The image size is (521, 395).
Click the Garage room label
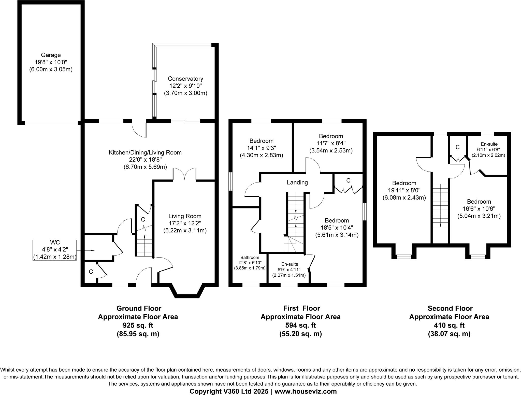pos(51,55)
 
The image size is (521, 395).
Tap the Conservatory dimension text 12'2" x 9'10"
pos(185,86)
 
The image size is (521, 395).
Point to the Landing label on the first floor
pos(297,182)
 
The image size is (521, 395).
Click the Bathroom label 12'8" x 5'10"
pos(250,263)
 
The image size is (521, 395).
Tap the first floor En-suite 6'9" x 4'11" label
pos(289,270)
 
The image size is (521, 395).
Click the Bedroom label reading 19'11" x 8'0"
pos(404,190)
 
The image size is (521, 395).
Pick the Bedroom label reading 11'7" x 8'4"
pos(331,143)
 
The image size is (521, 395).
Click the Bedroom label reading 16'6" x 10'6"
pos(479,209)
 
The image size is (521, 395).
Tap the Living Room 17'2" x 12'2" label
pos(185,223)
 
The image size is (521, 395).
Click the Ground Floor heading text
pos(139,308)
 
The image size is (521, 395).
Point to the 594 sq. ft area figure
pos(300,325)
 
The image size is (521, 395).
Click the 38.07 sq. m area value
pos(449,334)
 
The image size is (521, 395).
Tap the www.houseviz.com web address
pos(306,391)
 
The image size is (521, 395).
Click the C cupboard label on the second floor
pos(457,147)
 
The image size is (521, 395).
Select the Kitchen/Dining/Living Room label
pos(145,153)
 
